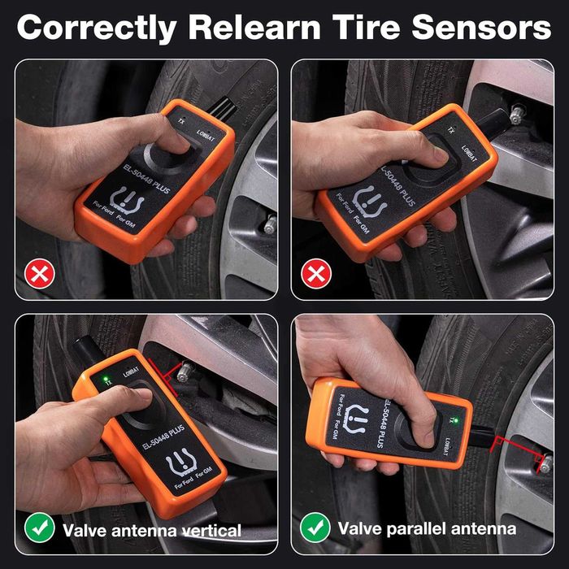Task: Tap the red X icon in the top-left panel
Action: point(37,276)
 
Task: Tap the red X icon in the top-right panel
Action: point(314,276)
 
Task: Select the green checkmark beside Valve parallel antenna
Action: point(315,528)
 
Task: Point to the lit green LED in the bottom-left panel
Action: point(106,378)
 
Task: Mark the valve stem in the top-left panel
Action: point(269,225)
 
